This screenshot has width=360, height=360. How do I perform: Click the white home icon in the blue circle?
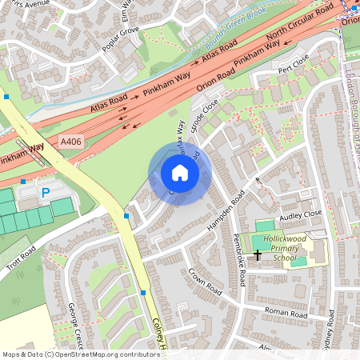click(180, 173)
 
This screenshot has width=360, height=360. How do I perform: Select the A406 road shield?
click(71, 142)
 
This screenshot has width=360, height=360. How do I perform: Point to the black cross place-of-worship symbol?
click(257, 255)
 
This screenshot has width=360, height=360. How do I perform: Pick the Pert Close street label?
click(294, 62)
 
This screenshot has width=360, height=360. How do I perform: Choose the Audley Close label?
click(299, 214)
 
